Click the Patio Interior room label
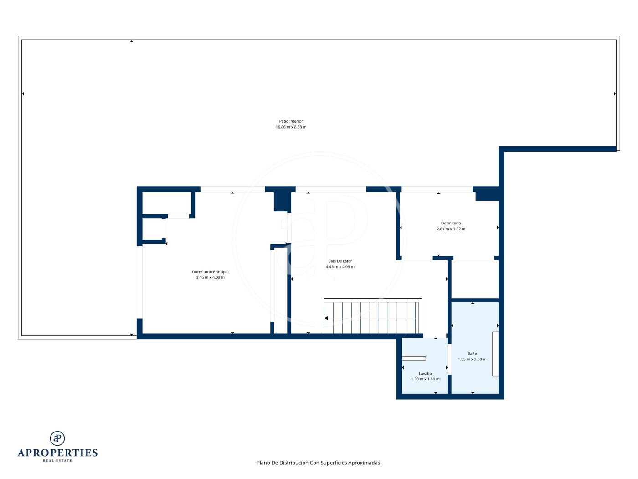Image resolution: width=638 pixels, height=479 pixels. [291, 121]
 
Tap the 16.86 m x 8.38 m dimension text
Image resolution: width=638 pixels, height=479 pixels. [291, 127]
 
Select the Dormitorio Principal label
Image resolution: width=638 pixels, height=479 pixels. [210, 272]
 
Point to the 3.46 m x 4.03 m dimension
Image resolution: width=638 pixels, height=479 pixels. [210, 277]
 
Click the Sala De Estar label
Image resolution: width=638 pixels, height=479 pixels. [340, 261]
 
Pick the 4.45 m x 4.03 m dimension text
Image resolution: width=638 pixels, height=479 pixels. [340, 267]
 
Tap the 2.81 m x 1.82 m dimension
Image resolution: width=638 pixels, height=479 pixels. [451, 229]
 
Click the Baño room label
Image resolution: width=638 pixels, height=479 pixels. [472, 354]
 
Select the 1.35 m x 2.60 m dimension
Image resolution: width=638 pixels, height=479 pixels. [472, 359]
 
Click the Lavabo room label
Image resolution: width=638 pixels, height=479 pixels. [425, 374]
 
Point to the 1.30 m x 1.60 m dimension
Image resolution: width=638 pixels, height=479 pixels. [425, 379]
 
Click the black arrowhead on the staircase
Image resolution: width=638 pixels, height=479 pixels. [326, 318]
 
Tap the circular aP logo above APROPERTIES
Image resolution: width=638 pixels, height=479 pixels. [57, 438]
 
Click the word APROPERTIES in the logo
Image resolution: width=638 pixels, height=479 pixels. [57, 453]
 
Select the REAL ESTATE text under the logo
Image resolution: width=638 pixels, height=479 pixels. [57, 461]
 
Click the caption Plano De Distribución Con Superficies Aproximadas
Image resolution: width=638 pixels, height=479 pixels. [319, 463]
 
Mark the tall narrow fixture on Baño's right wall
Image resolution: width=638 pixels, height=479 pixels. [495, 354]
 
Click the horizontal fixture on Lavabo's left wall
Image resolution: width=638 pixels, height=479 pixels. [414, 359]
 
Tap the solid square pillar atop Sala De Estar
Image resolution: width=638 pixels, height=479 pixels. [282, 201]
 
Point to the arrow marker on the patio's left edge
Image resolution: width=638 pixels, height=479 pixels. [23, 94]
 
